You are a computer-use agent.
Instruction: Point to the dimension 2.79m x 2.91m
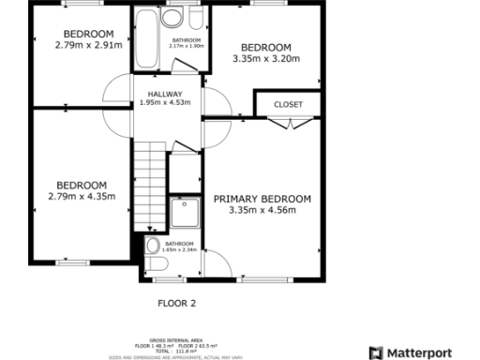coord(88,44)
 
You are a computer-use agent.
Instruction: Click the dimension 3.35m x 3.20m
coord(265,58)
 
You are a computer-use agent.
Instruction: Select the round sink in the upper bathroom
coord(172,19)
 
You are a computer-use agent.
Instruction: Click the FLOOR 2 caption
coord(175,304)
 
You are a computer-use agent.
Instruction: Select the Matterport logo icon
coord(376,352)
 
